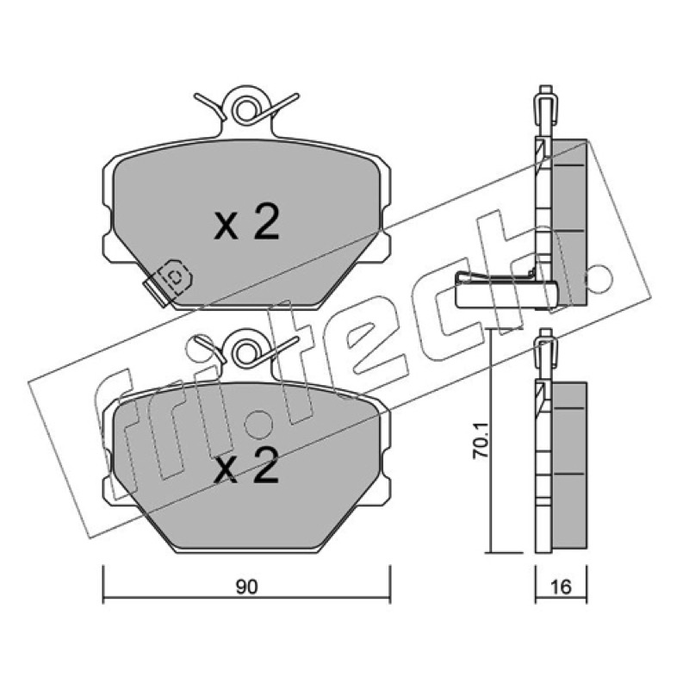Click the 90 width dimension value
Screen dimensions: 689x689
coord(246,587)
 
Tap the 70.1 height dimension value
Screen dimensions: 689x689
coord(480,441)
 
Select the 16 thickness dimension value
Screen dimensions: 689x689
coord(562,587)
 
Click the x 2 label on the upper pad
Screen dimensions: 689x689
coord(246,222)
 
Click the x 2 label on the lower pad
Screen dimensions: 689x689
coord(246,465)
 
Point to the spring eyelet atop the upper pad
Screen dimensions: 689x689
coord(245,110)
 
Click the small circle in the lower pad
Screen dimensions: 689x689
coord(259,425)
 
